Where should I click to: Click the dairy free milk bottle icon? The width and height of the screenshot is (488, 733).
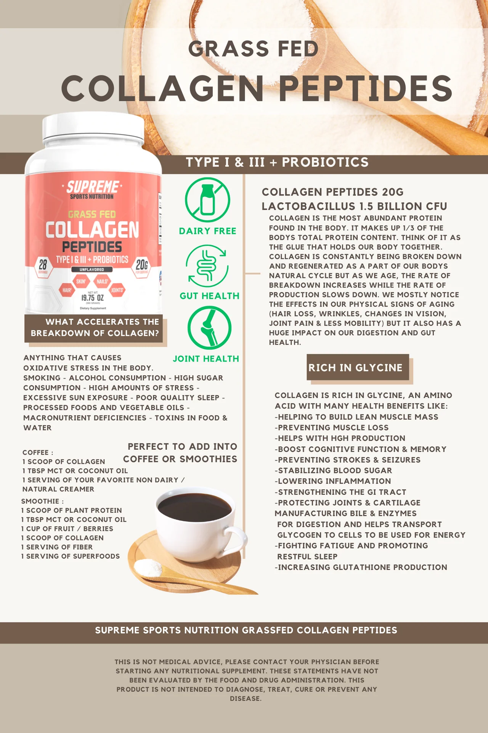[207, 200]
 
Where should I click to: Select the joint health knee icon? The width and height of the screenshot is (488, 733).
[209, 328]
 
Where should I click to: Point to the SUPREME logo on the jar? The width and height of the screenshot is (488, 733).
[92, 187]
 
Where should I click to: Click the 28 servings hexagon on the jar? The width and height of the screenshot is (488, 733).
[43, 266]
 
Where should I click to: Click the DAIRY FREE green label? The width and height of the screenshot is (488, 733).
[208, 231]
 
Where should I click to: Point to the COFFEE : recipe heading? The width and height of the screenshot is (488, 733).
[38, 452]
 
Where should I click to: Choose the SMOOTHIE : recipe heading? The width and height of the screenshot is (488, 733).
[42, 501]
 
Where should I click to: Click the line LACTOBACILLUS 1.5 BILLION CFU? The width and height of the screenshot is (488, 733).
[354, 206]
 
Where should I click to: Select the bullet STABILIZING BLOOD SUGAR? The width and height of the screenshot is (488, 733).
[333, 470]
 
